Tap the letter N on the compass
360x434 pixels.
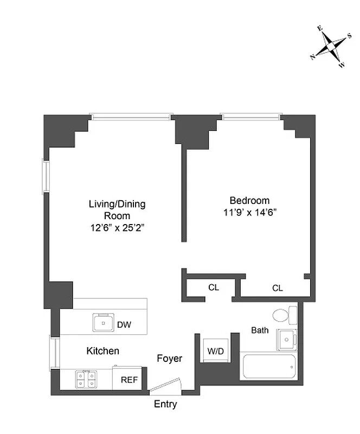tap(313, 57)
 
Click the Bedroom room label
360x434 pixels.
tap(249, 200)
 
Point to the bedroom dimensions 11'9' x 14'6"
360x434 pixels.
tap(250, 213)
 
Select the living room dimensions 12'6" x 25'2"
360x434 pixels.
tap(118, 228)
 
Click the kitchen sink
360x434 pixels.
tap(103, 322)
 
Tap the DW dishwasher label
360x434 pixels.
tap(124, 324)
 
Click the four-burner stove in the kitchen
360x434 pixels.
tap(86, 379)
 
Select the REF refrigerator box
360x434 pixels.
tap(127, 378)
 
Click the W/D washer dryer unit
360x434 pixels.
tap(216, 350)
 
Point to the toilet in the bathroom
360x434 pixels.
tap(285, 315)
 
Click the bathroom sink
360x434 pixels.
tap(287, 340)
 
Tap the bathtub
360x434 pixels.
tap(269, 367)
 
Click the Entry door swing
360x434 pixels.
tap(165, 386)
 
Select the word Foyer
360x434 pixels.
tap(170, 359)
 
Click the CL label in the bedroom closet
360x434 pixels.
tap(278, 289)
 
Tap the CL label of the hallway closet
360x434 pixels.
tap(214, 288)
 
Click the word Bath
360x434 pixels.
tap(260, 330)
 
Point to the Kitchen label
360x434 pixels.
tap(102, 351)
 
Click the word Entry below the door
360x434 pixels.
tap(165, 404)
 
